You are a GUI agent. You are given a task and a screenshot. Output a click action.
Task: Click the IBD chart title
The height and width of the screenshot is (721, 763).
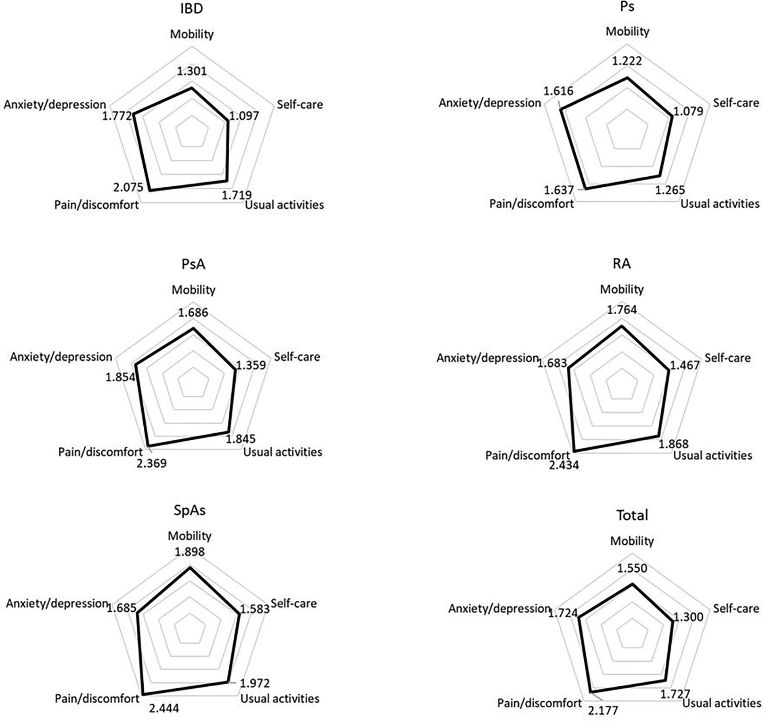tap(191, 8)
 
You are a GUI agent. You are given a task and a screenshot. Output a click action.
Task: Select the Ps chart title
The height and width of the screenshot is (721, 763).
tap(627, 7)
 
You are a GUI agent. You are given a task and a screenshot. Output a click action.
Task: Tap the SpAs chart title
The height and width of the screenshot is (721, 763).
tap(189, 510)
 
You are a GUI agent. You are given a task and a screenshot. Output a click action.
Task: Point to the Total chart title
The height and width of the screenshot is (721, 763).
tap(632, 515)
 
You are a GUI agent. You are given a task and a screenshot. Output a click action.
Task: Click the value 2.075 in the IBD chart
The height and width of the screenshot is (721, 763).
tap(128, 187)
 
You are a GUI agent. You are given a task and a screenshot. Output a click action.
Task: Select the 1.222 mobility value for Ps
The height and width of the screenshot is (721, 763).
tap(627, 61)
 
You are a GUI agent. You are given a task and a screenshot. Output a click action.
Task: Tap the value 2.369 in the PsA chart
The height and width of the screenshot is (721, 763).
tap(151, 463)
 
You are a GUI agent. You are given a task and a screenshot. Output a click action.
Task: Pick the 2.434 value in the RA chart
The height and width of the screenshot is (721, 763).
tap(564, 465)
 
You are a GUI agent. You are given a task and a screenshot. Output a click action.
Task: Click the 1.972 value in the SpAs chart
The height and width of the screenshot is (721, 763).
tap(255, 683)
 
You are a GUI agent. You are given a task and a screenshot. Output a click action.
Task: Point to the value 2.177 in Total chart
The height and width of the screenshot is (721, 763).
tap(603, 710)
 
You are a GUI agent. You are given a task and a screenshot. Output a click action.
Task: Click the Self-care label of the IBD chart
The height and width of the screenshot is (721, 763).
tap(300, 105)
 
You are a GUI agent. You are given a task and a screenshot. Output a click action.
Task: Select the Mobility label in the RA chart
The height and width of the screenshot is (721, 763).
tap(622, 289)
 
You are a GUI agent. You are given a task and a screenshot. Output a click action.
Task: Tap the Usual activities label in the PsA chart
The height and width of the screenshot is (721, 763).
tap(283, 452)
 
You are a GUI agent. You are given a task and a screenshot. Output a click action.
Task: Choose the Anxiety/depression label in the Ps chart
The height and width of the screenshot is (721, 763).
tap(490, 103)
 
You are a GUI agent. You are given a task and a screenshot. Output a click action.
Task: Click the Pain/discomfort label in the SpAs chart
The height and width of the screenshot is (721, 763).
tap(97, 698)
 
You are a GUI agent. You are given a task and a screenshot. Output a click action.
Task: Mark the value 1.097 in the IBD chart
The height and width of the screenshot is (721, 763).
tap(244, 116)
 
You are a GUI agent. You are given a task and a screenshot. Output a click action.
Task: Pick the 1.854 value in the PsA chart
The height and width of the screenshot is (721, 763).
tap(120, 377)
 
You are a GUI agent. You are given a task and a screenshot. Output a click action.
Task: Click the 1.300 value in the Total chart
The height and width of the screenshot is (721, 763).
tap(688, 617)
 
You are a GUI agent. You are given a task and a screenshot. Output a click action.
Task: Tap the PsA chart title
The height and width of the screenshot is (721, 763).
tap(193, 264)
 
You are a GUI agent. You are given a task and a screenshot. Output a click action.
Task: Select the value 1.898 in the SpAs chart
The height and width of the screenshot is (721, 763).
tap(189, 552)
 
